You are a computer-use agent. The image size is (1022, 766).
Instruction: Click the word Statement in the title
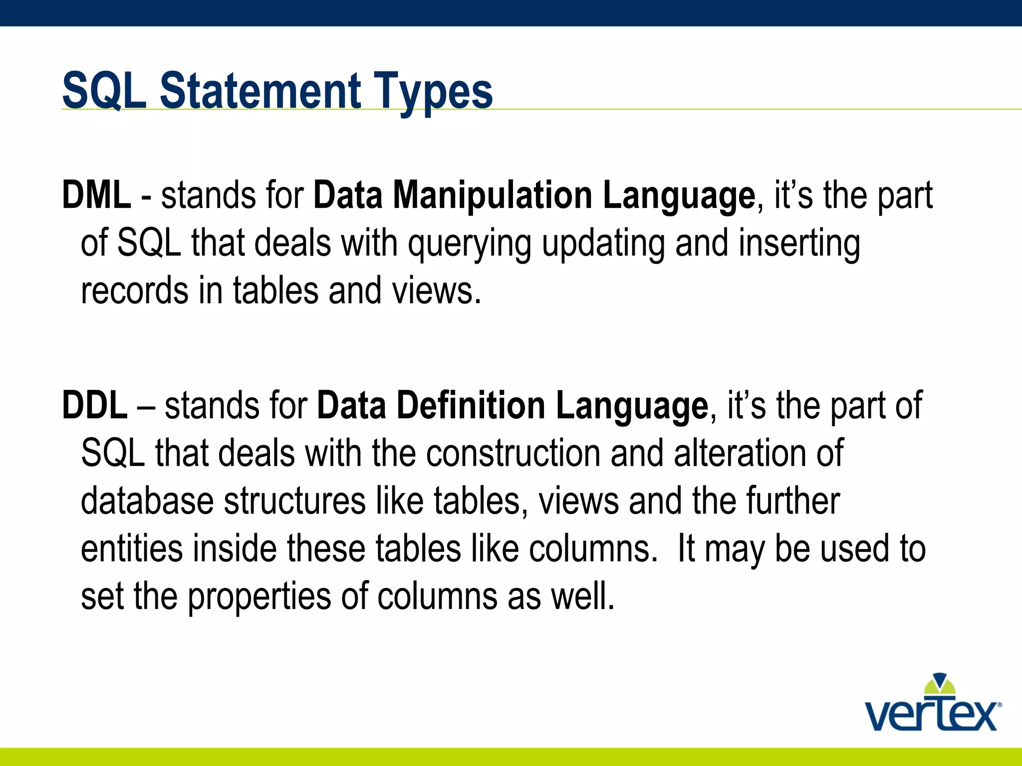[260, 91]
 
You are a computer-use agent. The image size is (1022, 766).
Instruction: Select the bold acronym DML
[96, 195]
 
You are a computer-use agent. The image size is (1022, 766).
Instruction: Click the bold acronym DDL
[94, 405]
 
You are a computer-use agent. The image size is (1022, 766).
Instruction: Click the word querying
[469, 244]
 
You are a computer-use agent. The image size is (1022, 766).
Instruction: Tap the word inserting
[799, 244]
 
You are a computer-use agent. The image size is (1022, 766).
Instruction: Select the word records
[134, 291]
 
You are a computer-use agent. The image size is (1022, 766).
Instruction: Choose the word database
[147, 501]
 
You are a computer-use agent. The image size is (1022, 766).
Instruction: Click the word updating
[603, 244]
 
